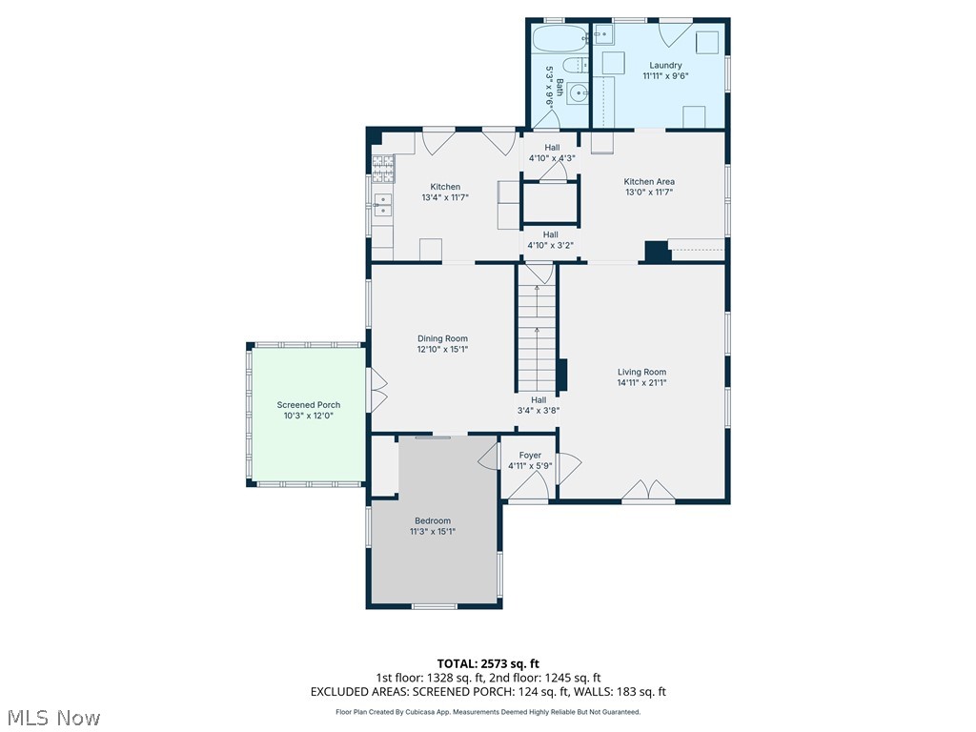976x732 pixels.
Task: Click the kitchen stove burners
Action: point(382,169)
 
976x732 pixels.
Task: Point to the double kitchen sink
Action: point(382,206)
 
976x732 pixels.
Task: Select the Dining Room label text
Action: point(442,338)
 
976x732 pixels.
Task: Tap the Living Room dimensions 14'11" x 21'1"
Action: point(641,383)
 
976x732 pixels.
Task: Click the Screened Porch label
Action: point(308,405)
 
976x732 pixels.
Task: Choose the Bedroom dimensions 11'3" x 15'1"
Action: point(433,531)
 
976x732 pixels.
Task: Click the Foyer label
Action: point(530,456)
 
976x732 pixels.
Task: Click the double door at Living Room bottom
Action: point(647,492)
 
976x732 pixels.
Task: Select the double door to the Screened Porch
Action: point(378,392)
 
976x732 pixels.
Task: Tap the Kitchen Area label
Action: point(649,181)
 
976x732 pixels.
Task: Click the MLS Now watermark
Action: point(52,717)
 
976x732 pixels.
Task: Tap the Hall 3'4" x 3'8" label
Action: point(538,405)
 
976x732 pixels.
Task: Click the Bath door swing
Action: point(547,119)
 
